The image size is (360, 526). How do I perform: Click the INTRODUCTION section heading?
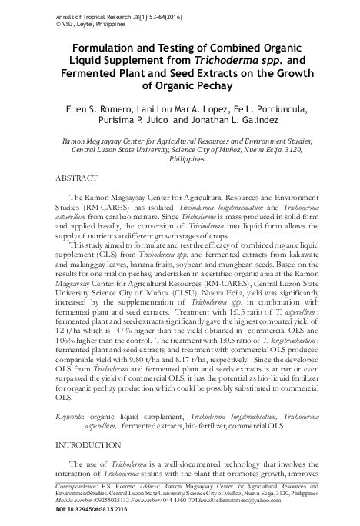click(x=85, y=444)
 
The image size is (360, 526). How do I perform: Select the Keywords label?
click(x=71, y=415)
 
